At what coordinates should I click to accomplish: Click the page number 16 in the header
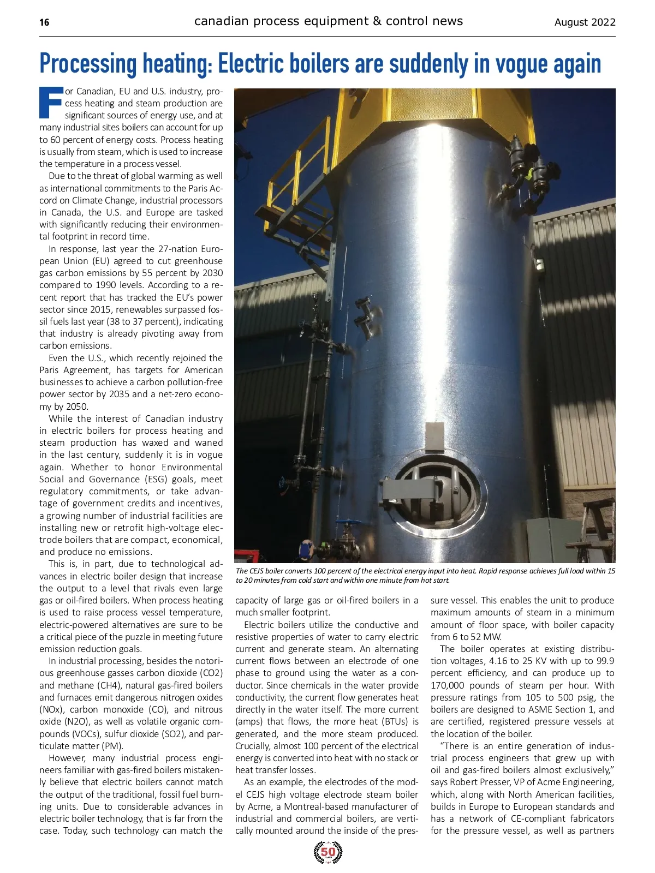[44, 22]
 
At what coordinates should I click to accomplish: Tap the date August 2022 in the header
[585, 22]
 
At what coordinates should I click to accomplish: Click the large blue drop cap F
[51, 103]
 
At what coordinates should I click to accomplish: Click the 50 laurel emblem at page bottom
[328, 852]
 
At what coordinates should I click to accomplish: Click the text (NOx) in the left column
[52, 710]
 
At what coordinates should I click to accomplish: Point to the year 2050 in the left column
[77, 406]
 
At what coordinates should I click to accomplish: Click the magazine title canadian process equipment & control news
[328, 21]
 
